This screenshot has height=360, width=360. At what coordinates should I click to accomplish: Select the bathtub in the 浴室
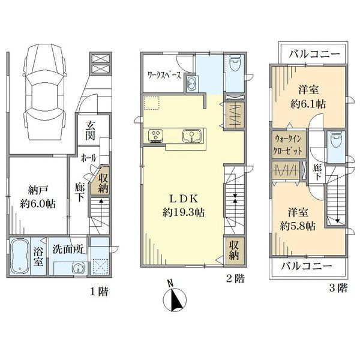[20, 256]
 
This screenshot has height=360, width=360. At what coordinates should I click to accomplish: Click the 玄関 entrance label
[90, 130]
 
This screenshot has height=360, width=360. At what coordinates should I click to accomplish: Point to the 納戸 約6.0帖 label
[38, 197]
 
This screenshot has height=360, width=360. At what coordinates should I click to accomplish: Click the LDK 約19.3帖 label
[184, 206]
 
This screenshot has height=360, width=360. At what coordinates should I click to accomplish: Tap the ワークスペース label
[164, 75]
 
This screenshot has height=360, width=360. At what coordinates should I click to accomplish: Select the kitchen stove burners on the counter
[156, 135]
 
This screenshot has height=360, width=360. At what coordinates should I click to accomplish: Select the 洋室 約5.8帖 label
[298, 219]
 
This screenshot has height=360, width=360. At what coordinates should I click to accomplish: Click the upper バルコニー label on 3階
[314, 54]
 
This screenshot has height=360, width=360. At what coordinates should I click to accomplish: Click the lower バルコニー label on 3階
[307, 266]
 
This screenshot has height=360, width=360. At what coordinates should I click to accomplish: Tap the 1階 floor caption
[98, 292]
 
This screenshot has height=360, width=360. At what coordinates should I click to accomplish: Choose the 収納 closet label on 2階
[234, 250]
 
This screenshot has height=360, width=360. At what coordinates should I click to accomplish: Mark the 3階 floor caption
[338, 288]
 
